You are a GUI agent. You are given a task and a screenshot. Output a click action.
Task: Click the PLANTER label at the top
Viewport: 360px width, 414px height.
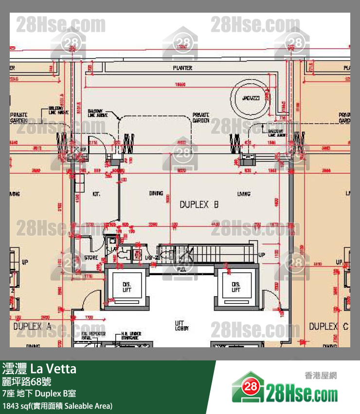click(182, 68)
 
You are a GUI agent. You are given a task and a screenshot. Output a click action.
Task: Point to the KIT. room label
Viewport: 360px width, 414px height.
click(96, 194)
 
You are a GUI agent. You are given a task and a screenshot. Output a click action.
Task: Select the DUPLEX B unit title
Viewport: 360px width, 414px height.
click(199, 205)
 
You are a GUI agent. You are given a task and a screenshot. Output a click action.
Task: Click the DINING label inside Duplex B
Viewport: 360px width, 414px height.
click(156, 194)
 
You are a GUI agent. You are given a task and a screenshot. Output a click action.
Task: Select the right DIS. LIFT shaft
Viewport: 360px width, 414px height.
click(236, 287)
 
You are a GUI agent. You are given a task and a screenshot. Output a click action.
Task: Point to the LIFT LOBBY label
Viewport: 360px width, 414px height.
click(182, 325)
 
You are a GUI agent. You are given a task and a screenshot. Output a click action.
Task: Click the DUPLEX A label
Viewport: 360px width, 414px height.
click(32, 326)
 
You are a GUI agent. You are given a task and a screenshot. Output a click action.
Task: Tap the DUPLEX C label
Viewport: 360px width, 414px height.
click(328, 326)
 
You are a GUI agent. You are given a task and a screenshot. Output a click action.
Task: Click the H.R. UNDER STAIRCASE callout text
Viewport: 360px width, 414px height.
click(131, 336)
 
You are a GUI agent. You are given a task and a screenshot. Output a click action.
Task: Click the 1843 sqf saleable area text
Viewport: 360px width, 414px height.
click(57, 405)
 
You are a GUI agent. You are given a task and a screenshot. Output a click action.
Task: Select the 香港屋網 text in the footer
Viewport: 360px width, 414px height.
click(320, 375)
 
